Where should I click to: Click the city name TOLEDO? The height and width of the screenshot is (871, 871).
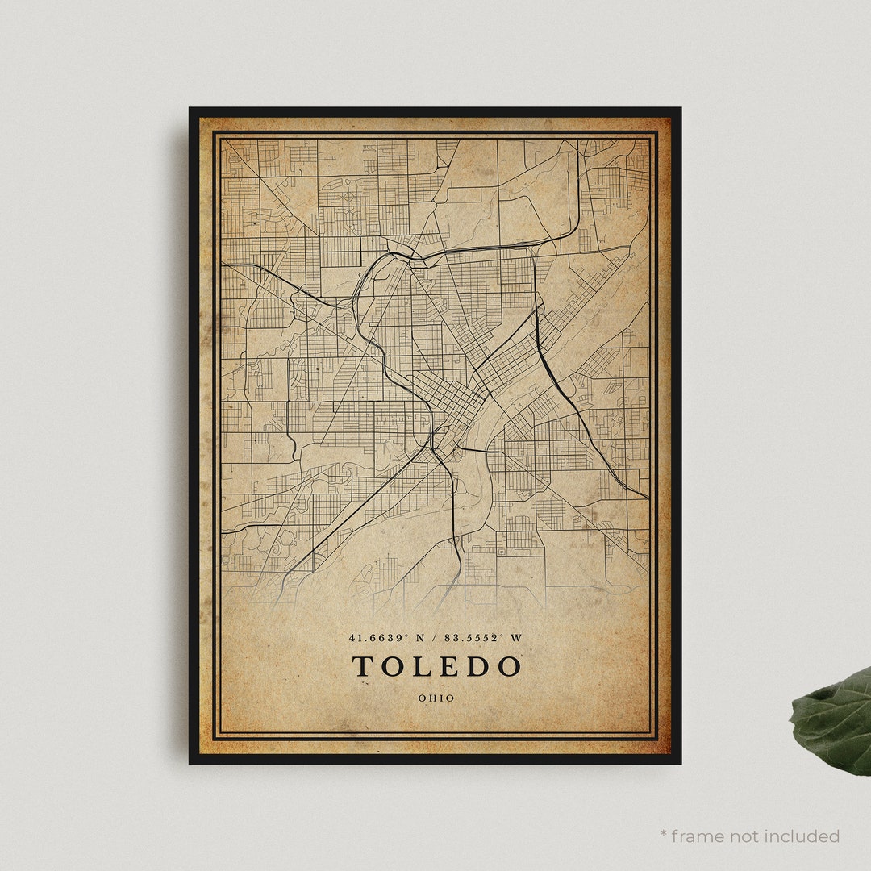[x=436, y=667]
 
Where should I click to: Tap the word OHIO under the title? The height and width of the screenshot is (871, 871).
[x=436, y=698]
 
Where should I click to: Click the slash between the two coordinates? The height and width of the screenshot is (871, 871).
[x=435, y=638]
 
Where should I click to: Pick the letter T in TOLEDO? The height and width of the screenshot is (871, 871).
[x=363, y=667]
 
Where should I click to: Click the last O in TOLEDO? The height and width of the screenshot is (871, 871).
[x=509, y=667]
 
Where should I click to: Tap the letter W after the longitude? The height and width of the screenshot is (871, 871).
[x=517, y=638]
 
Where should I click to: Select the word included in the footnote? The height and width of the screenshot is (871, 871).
[x=802, y=836]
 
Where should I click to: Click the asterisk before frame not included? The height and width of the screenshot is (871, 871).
[x=664, y=834]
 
